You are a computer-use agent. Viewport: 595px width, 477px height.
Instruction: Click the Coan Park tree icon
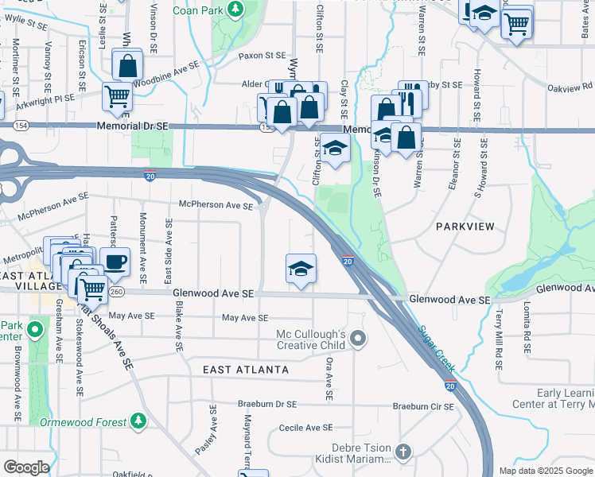(235, 9)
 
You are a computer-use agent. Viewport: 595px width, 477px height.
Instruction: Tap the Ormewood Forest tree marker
(139, 419)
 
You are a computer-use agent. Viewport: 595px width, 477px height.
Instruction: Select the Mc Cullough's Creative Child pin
(358, 339)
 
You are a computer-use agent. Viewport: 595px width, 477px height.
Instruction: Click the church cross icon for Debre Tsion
(403, 452)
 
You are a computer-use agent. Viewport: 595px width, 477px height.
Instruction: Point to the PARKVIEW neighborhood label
(465, 227)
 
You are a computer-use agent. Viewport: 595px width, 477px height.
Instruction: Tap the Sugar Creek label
(435, 348)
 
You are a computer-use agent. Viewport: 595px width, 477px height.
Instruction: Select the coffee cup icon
(115, 261)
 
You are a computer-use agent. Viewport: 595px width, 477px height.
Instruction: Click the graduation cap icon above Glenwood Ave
(301, 269)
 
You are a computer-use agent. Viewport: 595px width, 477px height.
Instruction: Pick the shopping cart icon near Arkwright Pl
(117, 96)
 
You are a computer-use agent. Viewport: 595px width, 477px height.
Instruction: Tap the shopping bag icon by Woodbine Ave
(127, 66)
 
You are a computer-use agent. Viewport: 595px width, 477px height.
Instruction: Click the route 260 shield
(117, 292)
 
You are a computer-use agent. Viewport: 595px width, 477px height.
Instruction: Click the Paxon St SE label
(262, 56)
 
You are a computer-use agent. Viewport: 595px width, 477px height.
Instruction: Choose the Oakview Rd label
(576, 86)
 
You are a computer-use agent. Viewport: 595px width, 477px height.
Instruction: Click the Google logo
(25, 467)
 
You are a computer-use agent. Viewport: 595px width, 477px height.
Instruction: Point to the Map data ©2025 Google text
(545, 471)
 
